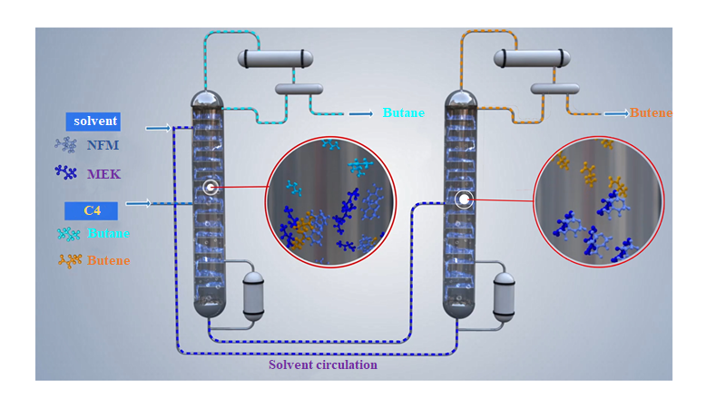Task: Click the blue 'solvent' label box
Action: coord(93,121)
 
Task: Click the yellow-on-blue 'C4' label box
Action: coord(92,210)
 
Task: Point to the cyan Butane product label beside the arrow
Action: coord(401,113)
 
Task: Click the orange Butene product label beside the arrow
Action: coord(652,113)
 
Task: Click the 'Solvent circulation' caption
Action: coord(323,365)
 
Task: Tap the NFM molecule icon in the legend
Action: coord(66,144)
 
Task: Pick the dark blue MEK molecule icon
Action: coord(66,172)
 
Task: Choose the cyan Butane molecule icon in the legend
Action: coord(68,234)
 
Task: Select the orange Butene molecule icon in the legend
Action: coord(69,261)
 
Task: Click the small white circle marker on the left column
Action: coord(211,188)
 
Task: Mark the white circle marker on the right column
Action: coord(464,199)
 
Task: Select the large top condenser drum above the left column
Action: coord(276,59)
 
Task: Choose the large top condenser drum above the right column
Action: coord(531,59)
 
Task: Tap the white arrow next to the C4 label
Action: coord(138,204)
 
